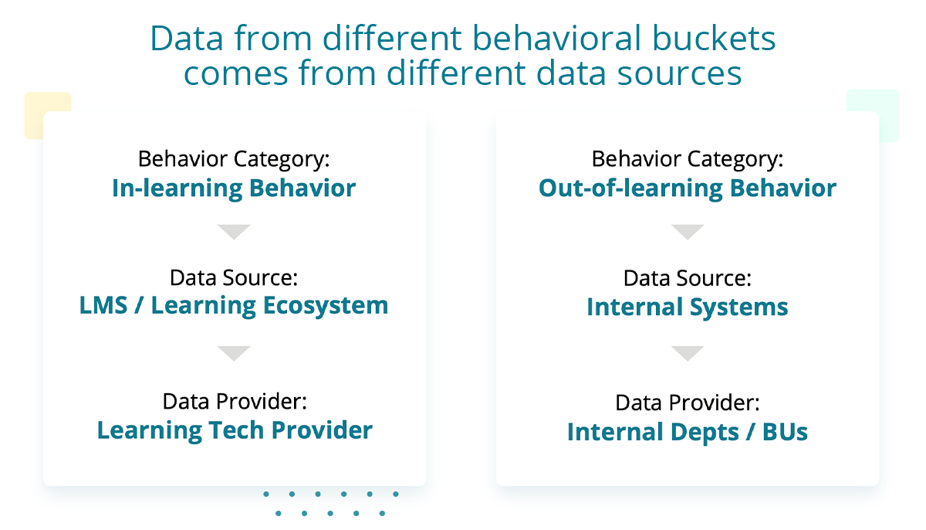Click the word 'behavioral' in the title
point(556,38)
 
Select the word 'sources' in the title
point(679,73)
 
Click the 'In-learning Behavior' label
point(234,189)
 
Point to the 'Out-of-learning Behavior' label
point(688,189)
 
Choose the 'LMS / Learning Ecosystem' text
point(234,306)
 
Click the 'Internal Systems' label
point(688,307)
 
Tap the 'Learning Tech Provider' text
point(235,430)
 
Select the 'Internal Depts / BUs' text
point(688,432)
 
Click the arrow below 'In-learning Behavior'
point(234,231)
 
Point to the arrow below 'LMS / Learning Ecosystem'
point(234,353)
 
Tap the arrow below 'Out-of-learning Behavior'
point(688,231)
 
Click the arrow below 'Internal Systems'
point(688,353)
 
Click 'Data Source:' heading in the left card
point(234,277)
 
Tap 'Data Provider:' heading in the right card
point(688,403)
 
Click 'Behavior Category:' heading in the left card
point(234,159)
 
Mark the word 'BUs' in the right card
point(785,432)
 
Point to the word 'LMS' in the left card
point(103,305)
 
